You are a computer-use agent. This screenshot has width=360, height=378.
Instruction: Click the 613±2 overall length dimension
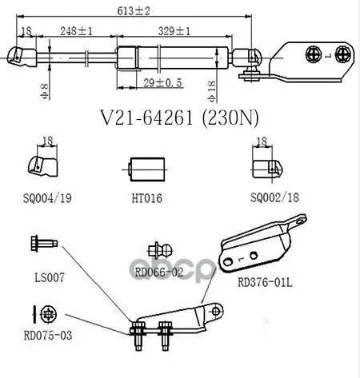click(134, 11)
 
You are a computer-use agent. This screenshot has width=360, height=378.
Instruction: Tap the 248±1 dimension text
click(76, 31)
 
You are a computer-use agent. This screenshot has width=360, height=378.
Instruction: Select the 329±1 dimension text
click(174, 31)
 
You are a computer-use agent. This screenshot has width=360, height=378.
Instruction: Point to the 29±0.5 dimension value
click(163, 83)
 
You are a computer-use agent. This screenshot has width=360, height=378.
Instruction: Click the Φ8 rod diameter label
click(45, 91)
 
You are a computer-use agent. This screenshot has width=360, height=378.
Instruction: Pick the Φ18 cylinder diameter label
click(212, 92)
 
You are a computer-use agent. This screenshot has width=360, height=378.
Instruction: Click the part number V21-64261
click(146, 117)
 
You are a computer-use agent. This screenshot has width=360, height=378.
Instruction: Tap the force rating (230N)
click(230, 117)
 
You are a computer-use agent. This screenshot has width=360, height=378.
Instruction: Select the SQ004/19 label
click(47, 198)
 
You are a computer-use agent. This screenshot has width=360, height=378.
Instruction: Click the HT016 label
click(147, 198)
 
